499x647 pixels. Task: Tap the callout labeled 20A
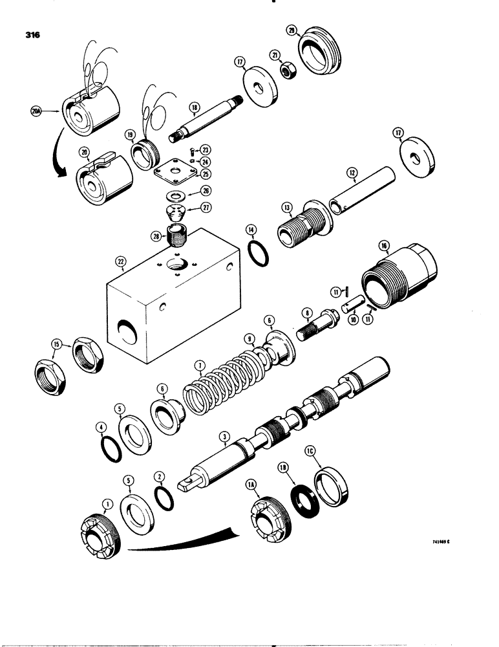click(36, 112)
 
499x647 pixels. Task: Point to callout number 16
click(384, 247)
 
